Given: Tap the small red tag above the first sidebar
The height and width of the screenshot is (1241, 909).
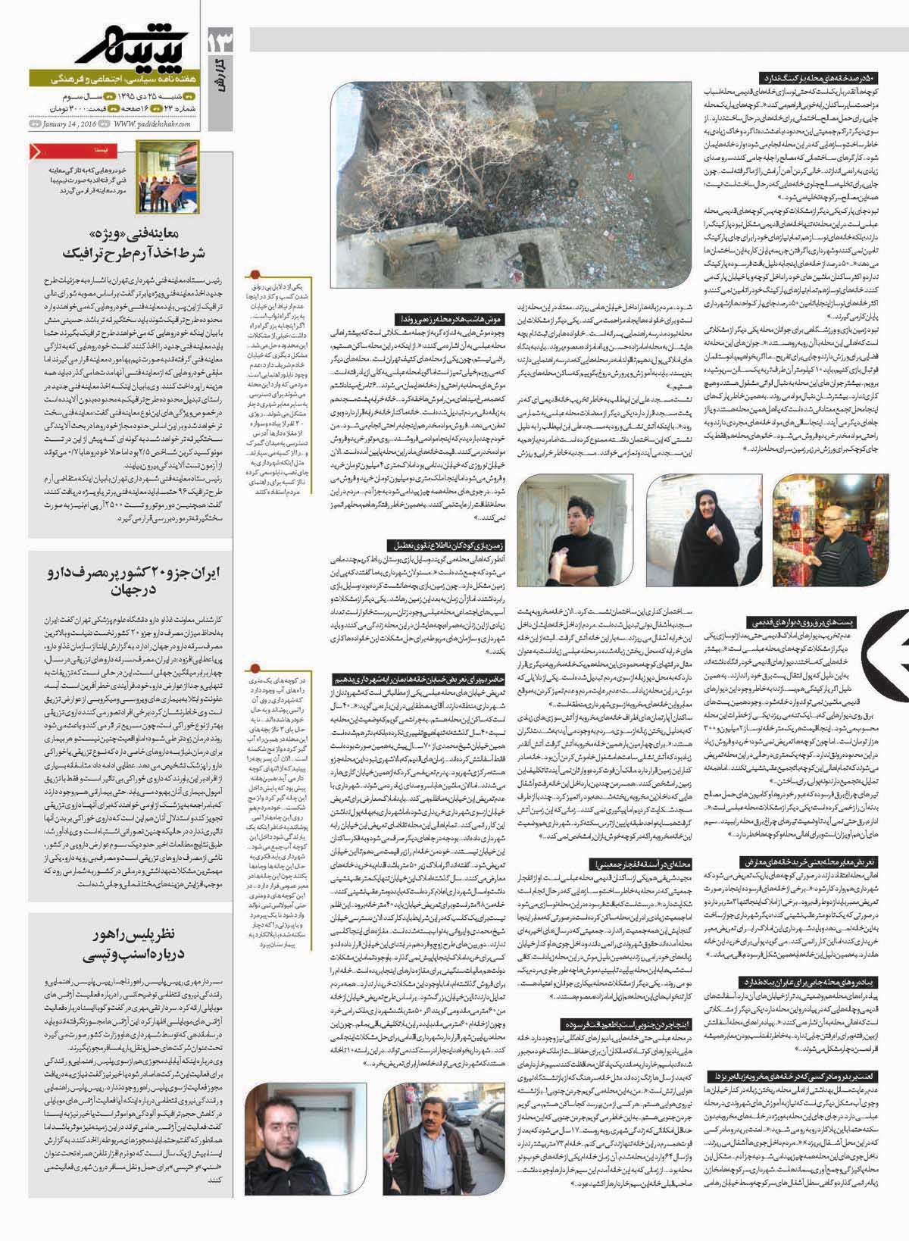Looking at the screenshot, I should [37, 152].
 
